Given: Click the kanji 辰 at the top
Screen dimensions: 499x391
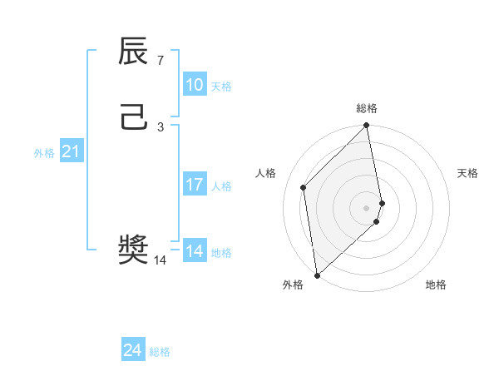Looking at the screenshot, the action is coord(134,52).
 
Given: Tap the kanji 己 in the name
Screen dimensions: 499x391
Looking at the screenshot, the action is coord(134,117).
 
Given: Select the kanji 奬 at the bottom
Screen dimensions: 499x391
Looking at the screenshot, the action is coord(134,250).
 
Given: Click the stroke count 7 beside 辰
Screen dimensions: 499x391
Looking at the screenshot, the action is coord(161,60).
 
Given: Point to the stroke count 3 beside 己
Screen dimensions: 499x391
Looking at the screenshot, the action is coord(161,126).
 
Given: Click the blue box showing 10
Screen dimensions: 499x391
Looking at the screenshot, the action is coord(194,85).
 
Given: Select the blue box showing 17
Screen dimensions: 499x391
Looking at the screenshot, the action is coord(194,185).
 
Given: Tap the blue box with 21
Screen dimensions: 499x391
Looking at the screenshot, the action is coord(71,151).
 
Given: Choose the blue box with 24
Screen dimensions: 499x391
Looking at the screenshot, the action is coord(132,350).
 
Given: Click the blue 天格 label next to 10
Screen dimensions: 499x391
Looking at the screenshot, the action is coord(221,87).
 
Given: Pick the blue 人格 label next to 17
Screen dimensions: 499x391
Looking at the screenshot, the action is coord(221,186).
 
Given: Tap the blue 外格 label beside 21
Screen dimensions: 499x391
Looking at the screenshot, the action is coord(44,153).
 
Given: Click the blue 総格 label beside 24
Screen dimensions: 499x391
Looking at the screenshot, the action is coord(160,352).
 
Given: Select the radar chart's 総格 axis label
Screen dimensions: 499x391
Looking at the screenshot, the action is coord(367,108).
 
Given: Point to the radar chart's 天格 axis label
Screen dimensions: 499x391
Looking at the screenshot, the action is coord(467,173).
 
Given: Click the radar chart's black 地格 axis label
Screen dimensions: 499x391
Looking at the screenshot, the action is coord(436,285).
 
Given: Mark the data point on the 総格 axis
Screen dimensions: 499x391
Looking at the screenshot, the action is coord(367,126).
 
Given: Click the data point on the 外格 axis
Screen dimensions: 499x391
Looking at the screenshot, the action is coord(316,275).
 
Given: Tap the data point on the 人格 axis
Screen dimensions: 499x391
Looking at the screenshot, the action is coord(304,187).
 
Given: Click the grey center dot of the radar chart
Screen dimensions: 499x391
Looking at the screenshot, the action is coord(367,207).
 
